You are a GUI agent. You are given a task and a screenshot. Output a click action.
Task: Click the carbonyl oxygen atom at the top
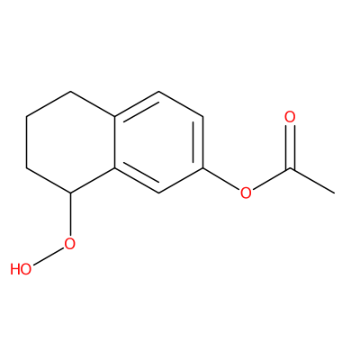click(x=290, y=117)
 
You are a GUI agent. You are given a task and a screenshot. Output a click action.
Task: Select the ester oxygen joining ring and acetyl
click(x=246, y=193)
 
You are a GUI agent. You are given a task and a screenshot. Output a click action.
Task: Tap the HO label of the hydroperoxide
click(x=21, y=269)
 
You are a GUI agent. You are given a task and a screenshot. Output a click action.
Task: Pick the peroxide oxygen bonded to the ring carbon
click(x=69, y=244)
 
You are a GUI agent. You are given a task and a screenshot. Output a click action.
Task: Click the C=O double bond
click(x=290, y=147)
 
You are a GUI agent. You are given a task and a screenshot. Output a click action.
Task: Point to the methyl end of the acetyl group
click(x=334, y=193)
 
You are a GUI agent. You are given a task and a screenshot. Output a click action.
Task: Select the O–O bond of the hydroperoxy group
click(x=49, y=256)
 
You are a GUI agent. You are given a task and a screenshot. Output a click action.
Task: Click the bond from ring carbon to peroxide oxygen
click(x=70, y=214)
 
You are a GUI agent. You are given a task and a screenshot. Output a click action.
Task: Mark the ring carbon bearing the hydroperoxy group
click(x=70, y=193)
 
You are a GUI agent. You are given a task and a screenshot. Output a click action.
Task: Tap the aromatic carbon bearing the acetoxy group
click(x=202, y=167)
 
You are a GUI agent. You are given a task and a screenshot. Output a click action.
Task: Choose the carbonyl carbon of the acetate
click(x=290, y=168)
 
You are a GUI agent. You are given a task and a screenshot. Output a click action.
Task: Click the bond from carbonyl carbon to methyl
click(x=312, y=181)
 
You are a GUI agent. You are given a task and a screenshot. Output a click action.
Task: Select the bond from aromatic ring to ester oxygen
click(x=221, y=179)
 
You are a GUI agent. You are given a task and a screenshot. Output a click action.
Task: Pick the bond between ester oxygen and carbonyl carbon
click(x=272, y=179)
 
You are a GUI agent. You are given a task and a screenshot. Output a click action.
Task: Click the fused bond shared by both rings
click(x=114, y=142)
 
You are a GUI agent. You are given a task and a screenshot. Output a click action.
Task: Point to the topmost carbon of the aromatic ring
click(x=158, y=91)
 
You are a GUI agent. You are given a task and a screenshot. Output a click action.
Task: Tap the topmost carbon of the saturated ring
click(x=70, y=91)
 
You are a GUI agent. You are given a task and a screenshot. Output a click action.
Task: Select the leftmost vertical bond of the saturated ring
click(x=26, y=142)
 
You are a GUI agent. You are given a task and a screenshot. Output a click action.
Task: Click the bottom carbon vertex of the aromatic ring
click(x=158, y=193)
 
